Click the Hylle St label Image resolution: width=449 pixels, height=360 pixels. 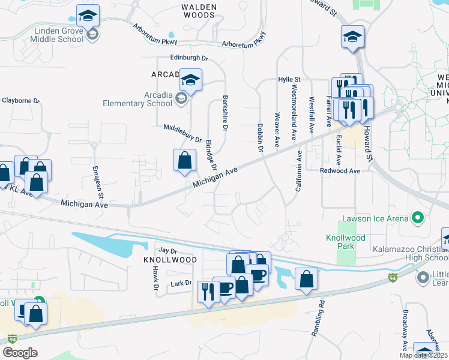[289, 79]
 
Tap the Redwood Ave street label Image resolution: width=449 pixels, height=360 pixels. [340, 171]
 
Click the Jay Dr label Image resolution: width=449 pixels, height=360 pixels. [168, 250]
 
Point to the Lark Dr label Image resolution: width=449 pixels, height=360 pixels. [180, 283]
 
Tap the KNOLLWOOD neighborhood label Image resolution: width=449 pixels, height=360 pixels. [161, 260]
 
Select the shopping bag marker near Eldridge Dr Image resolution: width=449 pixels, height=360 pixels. [184, 160]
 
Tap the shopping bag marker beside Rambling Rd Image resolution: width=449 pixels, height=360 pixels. [306, 279]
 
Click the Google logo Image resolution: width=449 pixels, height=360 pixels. [20, 352]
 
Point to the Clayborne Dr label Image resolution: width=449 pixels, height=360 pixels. [19, 100]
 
